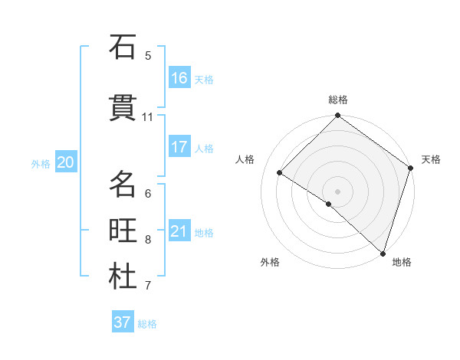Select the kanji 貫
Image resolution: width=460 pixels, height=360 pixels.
click(123, 108)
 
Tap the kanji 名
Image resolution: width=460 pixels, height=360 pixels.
click(123, 185)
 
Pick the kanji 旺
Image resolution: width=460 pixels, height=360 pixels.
click(123, 231)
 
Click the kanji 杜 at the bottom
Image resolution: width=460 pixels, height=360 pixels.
click(123, 277)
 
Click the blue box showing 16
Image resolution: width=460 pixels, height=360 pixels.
click(179, 78)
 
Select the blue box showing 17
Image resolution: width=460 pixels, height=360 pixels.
click(179, 147)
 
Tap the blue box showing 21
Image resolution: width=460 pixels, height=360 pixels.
click(179, 231)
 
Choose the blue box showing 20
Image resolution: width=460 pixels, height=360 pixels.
click(65, 162)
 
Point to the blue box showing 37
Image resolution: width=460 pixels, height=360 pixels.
click(123, 322)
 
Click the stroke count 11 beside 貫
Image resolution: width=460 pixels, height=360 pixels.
click(148, 117)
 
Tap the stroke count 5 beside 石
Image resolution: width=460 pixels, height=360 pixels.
click(148, 55)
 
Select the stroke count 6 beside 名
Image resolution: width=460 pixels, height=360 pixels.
click(148, 193)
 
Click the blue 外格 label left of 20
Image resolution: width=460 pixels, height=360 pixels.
click(41, 163)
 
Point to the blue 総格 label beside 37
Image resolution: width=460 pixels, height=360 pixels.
click(147, 324)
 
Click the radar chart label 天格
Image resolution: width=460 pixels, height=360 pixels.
click(431, 159)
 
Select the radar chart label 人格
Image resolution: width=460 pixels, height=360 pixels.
click(245, 159)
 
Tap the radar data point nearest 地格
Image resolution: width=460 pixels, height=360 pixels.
click(383, 252)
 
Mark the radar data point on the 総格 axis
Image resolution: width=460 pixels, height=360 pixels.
click(337, 116)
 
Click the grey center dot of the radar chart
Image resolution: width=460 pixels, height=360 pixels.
click(337, 190)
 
